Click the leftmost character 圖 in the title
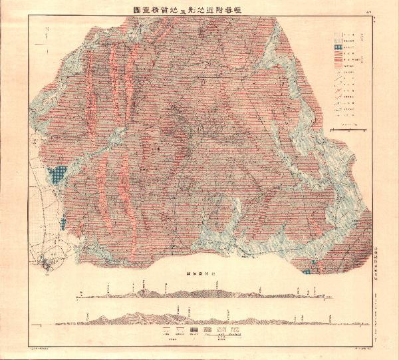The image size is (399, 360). [119, 11]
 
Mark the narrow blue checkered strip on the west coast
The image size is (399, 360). [61, 222]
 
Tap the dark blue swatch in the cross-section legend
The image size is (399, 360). [194, 330]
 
